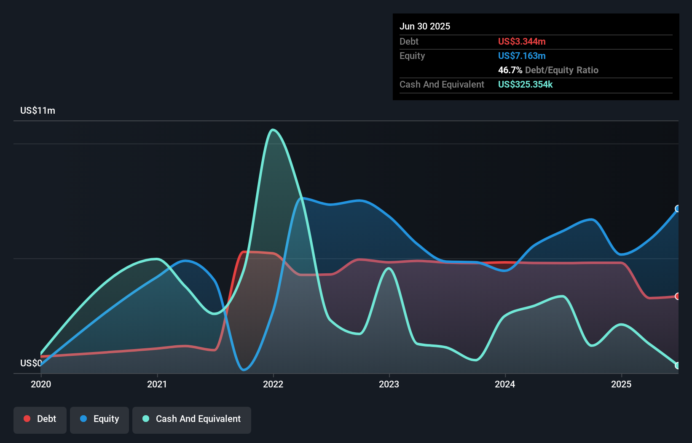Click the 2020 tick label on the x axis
[41, 384]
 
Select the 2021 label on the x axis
[157, 384]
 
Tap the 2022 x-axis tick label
[273, 384]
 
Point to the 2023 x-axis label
[389, 384]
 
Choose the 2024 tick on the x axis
[505, 384]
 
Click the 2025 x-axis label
[621, 384]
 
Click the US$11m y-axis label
[38, 111]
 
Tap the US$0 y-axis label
[31, 363]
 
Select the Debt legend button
[40, 419]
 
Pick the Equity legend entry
[99, 419]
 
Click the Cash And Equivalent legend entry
[192, 419]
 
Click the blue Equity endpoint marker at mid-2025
[678, 209]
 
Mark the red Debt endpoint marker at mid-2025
[678, 296]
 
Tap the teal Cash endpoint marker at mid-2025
[678, 366]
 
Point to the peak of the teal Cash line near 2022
[273, 130]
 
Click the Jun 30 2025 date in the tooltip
[425, 26]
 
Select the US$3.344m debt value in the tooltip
[522, 41]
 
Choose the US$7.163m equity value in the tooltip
[522, 56]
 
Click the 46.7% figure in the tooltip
[510, 70]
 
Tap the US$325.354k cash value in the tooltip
[525, 84]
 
